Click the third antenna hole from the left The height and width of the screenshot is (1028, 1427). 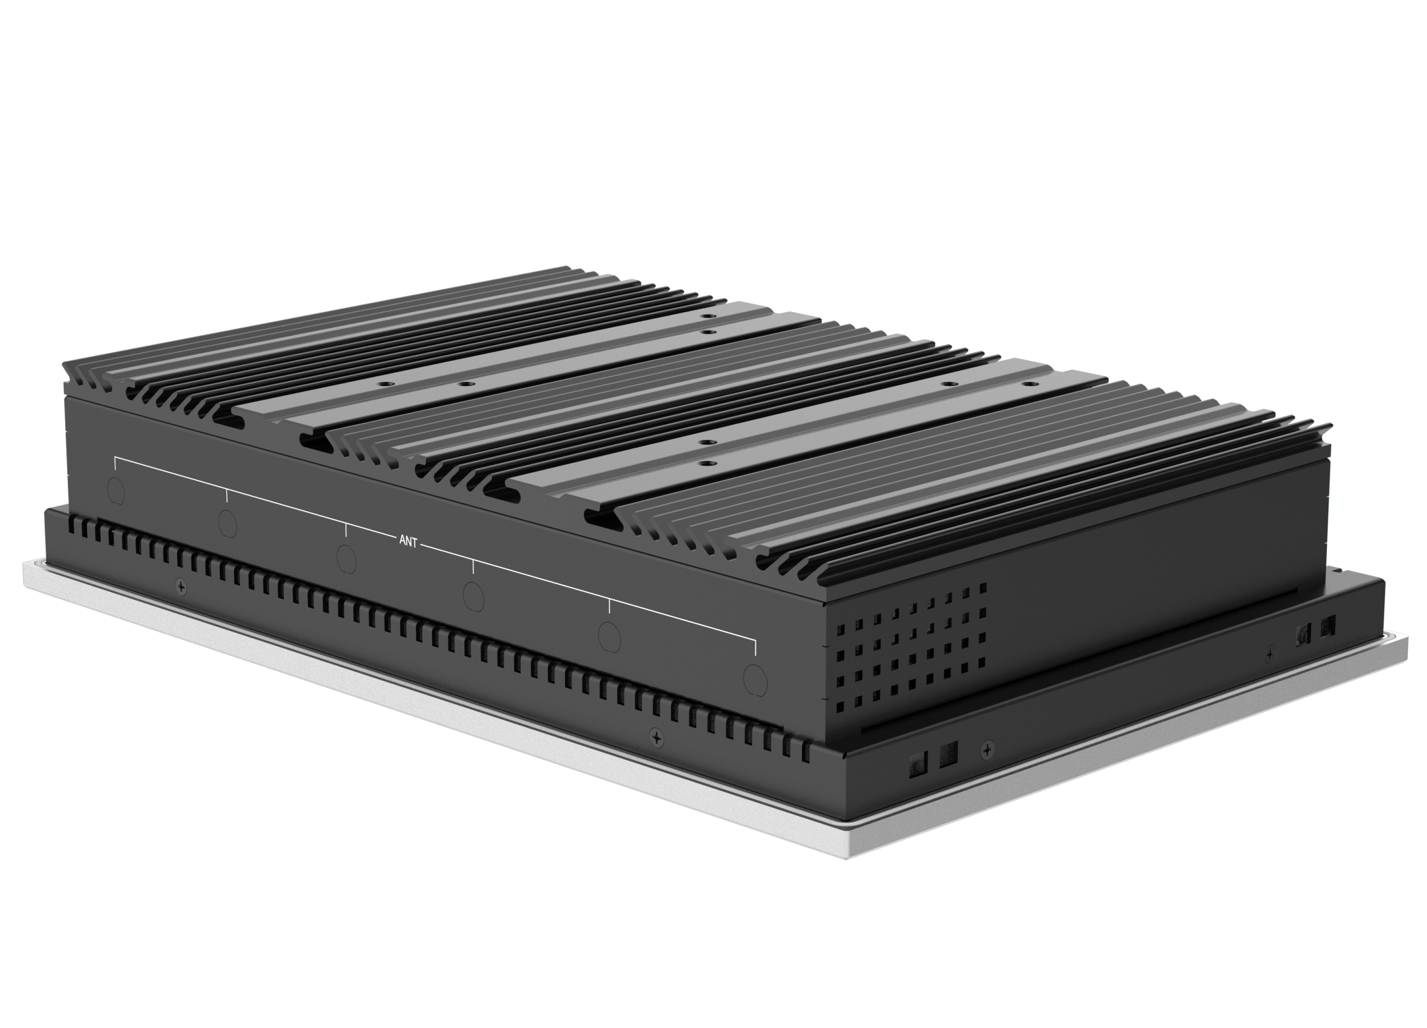[x=346, y=557]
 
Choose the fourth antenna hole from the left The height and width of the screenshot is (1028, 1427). [x=473, y=594]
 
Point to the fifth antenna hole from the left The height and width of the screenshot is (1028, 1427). [x=609, y=636]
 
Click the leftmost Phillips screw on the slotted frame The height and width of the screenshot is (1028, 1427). [x=182, y=586]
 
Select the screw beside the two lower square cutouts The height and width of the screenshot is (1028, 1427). [x=988, y=749]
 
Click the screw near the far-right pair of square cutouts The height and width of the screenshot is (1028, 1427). [x=1271, y=654]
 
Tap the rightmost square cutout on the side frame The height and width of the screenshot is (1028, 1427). [x=1328, y=626]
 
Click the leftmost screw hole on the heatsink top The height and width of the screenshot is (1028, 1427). [x=381, y=382]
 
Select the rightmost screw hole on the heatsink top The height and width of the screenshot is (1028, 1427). [x=1027, y=383]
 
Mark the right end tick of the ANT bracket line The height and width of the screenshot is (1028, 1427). [x=755, y=648]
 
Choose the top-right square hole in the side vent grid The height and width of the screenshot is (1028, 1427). [x=982, y=586]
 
